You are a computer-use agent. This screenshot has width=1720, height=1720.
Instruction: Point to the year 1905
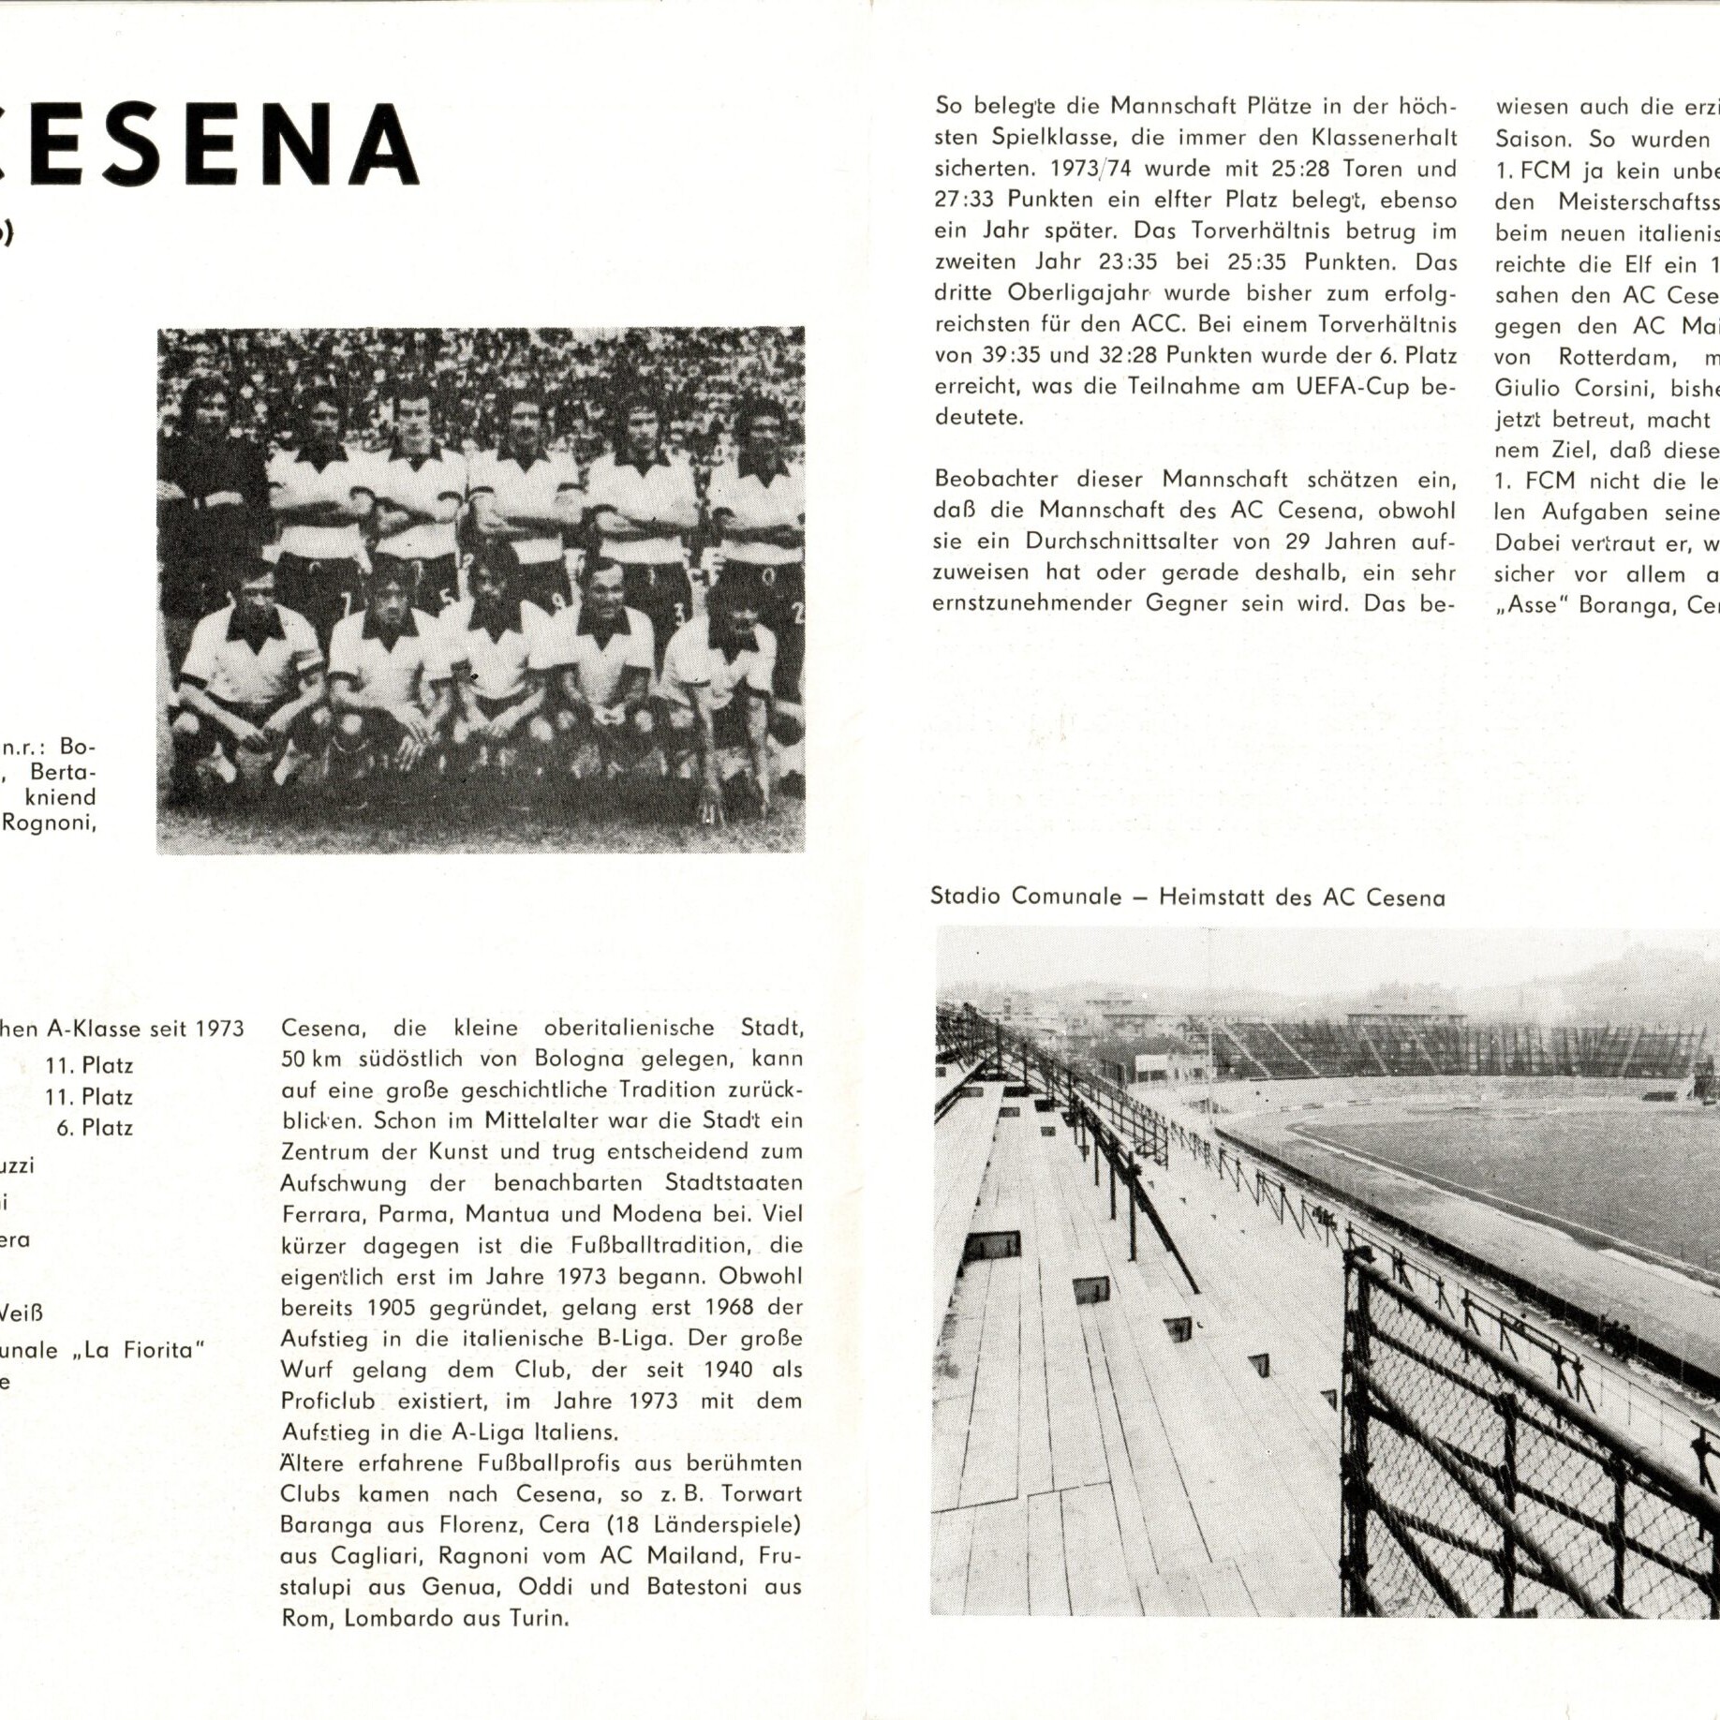393,1308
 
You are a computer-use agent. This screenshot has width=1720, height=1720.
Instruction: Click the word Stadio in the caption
967,897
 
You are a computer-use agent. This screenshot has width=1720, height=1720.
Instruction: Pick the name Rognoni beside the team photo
48,823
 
